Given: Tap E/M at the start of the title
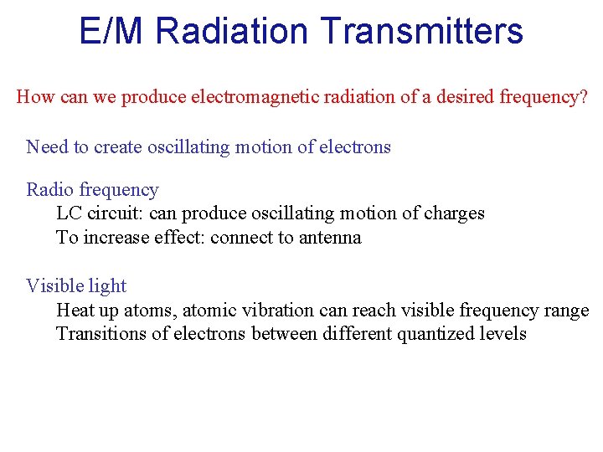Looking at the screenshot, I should pyautogui.click(x=114, y=31).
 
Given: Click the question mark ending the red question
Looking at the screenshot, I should pyautogui.click(x=584, y=97).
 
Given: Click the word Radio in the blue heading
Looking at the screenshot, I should pyautogui.click(x=49, y=190).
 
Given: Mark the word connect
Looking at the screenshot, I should pyautogui.click(x=241, y=238).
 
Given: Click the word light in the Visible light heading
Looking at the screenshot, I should pyautogui.click(x=107, y=286).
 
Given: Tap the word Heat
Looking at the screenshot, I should pyautogui.click(x=75, y=311).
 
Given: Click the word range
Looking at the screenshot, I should pyautogui.click(x=568, y=311).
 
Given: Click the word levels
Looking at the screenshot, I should pyautogui.click(x=504, y=334).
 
